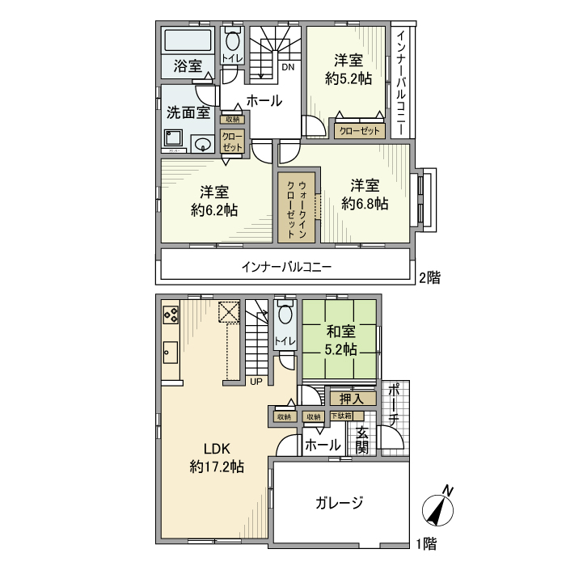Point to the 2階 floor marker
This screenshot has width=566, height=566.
pyautogui.click(x=429, y=277)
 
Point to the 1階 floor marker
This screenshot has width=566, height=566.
pyautogui.click(x=426, y=544)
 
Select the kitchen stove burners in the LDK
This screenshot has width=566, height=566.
pyautogui.click(x=171, y=312)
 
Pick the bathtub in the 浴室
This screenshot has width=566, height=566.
pyautogui.click(x=188, y=40)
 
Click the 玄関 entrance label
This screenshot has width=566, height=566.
pyautogui.click(x=362, y=440)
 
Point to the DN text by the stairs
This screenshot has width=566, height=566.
pyautogui.click(x=288, y=67)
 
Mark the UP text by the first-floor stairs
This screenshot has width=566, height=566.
pyautogui.click(x=256, y=381)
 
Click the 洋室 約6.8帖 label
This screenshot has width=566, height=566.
pyautogui.click(x=365, y=194)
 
